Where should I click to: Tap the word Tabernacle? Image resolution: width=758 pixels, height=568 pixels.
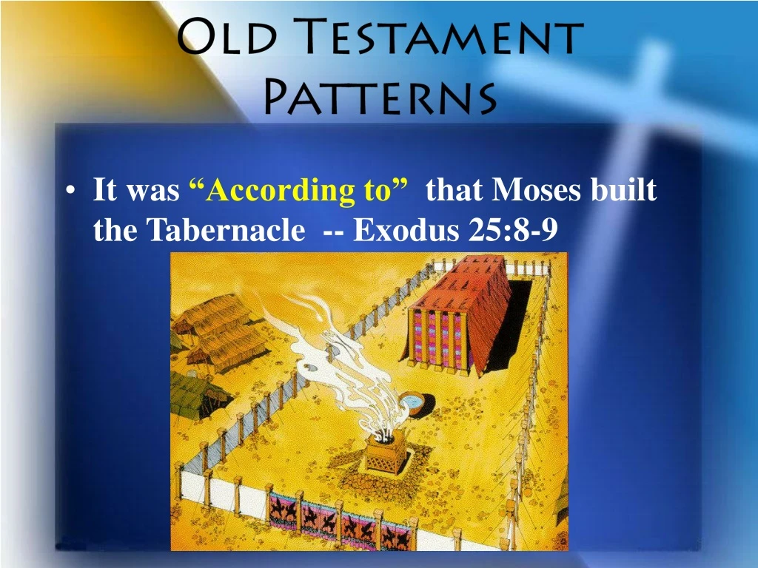click(x=225, y=231)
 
